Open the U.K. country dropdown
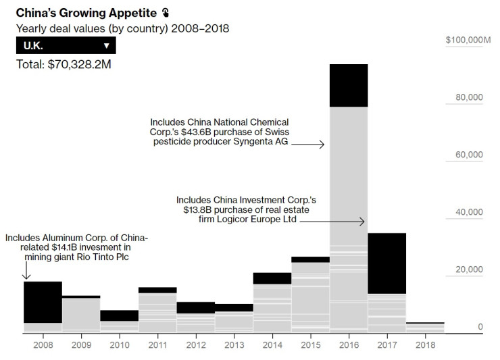point(66,45)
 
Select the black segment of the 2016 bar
point(348,85)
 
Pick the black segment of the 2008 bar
point(43,302)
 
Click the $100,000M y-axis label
point(468,41)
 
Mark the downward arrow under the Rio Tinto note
point(26,271)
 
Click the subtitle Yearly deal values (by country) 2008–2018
point(123,28)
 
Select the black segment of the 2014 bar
point(272,278)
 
